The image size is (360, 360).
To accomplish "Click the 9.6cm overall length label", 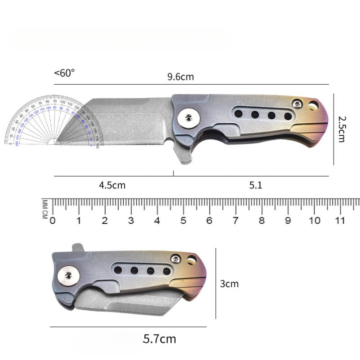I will (180, 77).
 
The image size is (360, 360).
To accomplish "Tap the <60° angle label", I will (65, 73).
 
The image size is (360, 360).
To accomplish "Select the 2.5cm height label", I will (342, 129).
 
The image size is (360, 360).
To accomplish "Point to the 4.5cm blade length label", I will (112, 185).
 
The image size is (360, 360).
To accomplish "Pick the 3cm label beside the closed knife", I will (230, 284).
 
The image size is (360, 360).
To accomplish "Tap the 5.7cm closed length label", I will (159, 338).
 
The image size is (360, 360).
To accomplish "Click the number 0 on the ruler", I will (52, 221).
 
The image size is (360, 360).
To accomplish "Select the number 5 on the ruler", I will (183, 221).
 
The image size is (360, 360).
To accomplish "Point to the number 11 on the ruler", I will (340, 221).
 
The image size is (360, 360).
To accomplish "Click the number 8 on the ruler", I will (262, 221).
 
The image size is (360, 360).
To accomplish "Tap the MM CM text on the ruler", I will (45, 209).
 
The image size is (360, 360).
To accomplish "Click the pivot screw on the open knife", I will (189, 118).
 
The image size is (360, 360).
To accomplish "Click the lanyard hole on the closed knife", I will (192, 260).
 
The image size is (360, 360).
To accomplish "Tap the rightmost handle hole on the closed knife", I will (167, 270).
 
